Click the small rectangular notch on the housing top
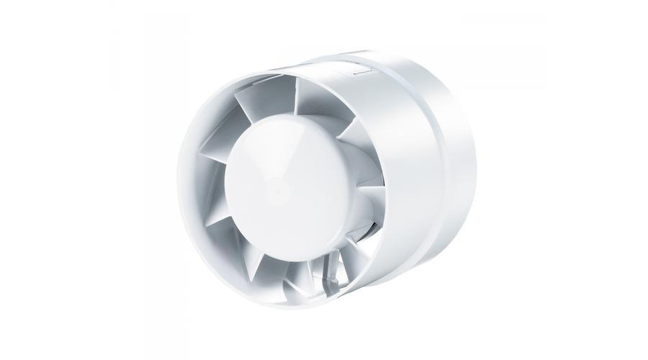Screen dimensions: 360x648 tap(358, 70)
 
